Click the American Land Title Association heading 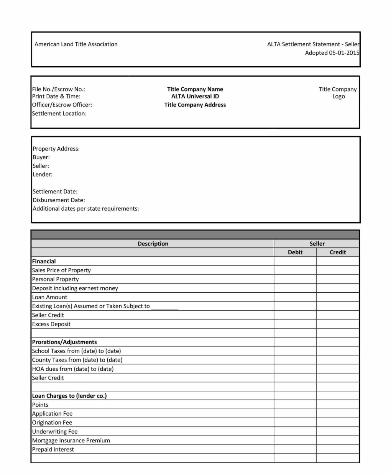76,44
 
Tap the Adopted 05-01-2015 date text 332,53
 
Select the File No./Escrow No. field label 59,89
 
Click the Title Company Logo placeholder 338,93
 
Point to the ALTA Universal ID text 195,97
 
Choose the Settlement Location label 59,113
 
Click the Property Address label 56,149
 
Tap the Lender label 43,174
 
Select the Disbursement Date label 59,200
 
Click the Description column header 153,244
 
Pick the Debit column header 295,252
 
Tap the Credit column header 338,252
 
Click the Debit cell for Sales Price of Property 295,270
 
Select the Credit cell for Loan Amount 338,297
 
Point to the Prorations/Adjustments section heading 64,342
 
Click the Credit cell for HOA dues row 338,369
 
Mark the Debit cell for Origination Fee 295,423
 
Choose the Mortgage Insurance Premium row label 71,441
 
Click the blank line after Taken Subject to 164,307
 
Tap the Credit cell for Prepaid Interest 338,449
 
